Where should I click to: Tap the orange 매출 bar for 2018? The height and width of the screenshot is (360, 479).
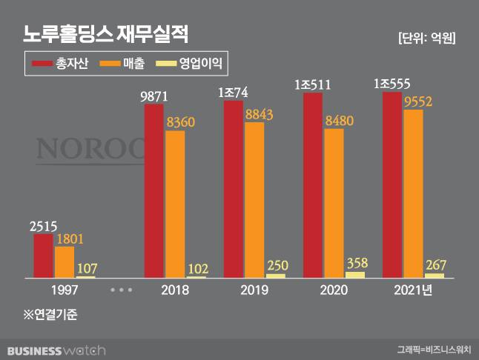pyautogui.click(x=175, y=204)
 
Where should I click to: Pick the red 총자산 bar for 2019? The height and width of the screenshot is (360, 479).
pyautogui.click(x=233, y=190)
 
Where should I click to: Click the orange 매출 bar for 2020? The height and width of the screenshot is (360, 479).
pyautogui.click(x=334, y=203)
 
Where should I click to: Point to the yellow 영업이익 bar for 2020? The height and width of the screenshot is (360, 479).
pyautogui.click(x=356, y=274)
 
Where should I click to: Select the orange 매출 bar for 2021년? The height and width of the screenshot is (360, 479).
pyautogui.click(x=413, y=193)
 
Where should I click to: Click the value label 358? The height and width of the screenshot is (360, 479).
pyautogui.click(x=356, y=262)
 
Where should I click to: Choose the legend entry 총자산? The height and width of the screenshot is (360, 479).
pyautogui.click(x=61, y=64)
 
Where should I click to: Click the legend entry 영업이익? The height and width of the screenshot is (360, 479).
pyautogui.click(x=189, y=64)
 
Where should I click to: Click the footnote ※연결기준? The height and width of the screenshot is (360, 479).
pyautogui.click(x=50, y=314)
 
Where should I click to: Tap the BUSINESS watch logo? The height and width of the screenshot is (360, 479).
pyautogui.click(x=56, y=349)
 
